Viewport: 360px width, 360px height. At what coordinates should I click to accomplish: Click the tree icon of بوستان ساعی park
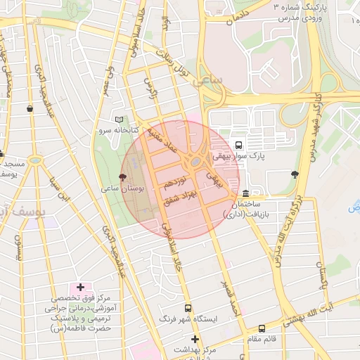pyautogui.click(x=123, y=178)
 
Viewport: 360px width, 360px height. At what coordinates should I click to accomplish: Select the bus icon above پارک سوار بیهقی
pyautogui.click(x=239, y=145)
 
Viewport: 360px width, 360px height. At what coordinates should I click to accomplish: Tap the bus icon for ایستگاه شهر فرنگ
pyautogui.click(x=188, y=308)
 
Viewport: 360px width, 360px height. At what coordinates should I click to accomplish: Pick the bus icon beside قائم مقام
pyautogui.click(x=262, y=328)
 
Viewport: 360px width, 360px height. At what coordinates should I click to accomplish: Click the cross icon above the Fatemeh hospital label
pyautogui.click(x=80, y=287)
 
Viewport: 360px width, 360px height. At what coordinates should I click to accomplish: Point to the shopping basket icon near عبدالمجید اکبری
pyautogui.click(x=29, y=108)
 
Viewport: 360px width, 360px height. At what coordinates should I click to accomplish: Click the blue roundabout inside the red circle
pyautogui.click(x=195, y=162)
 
